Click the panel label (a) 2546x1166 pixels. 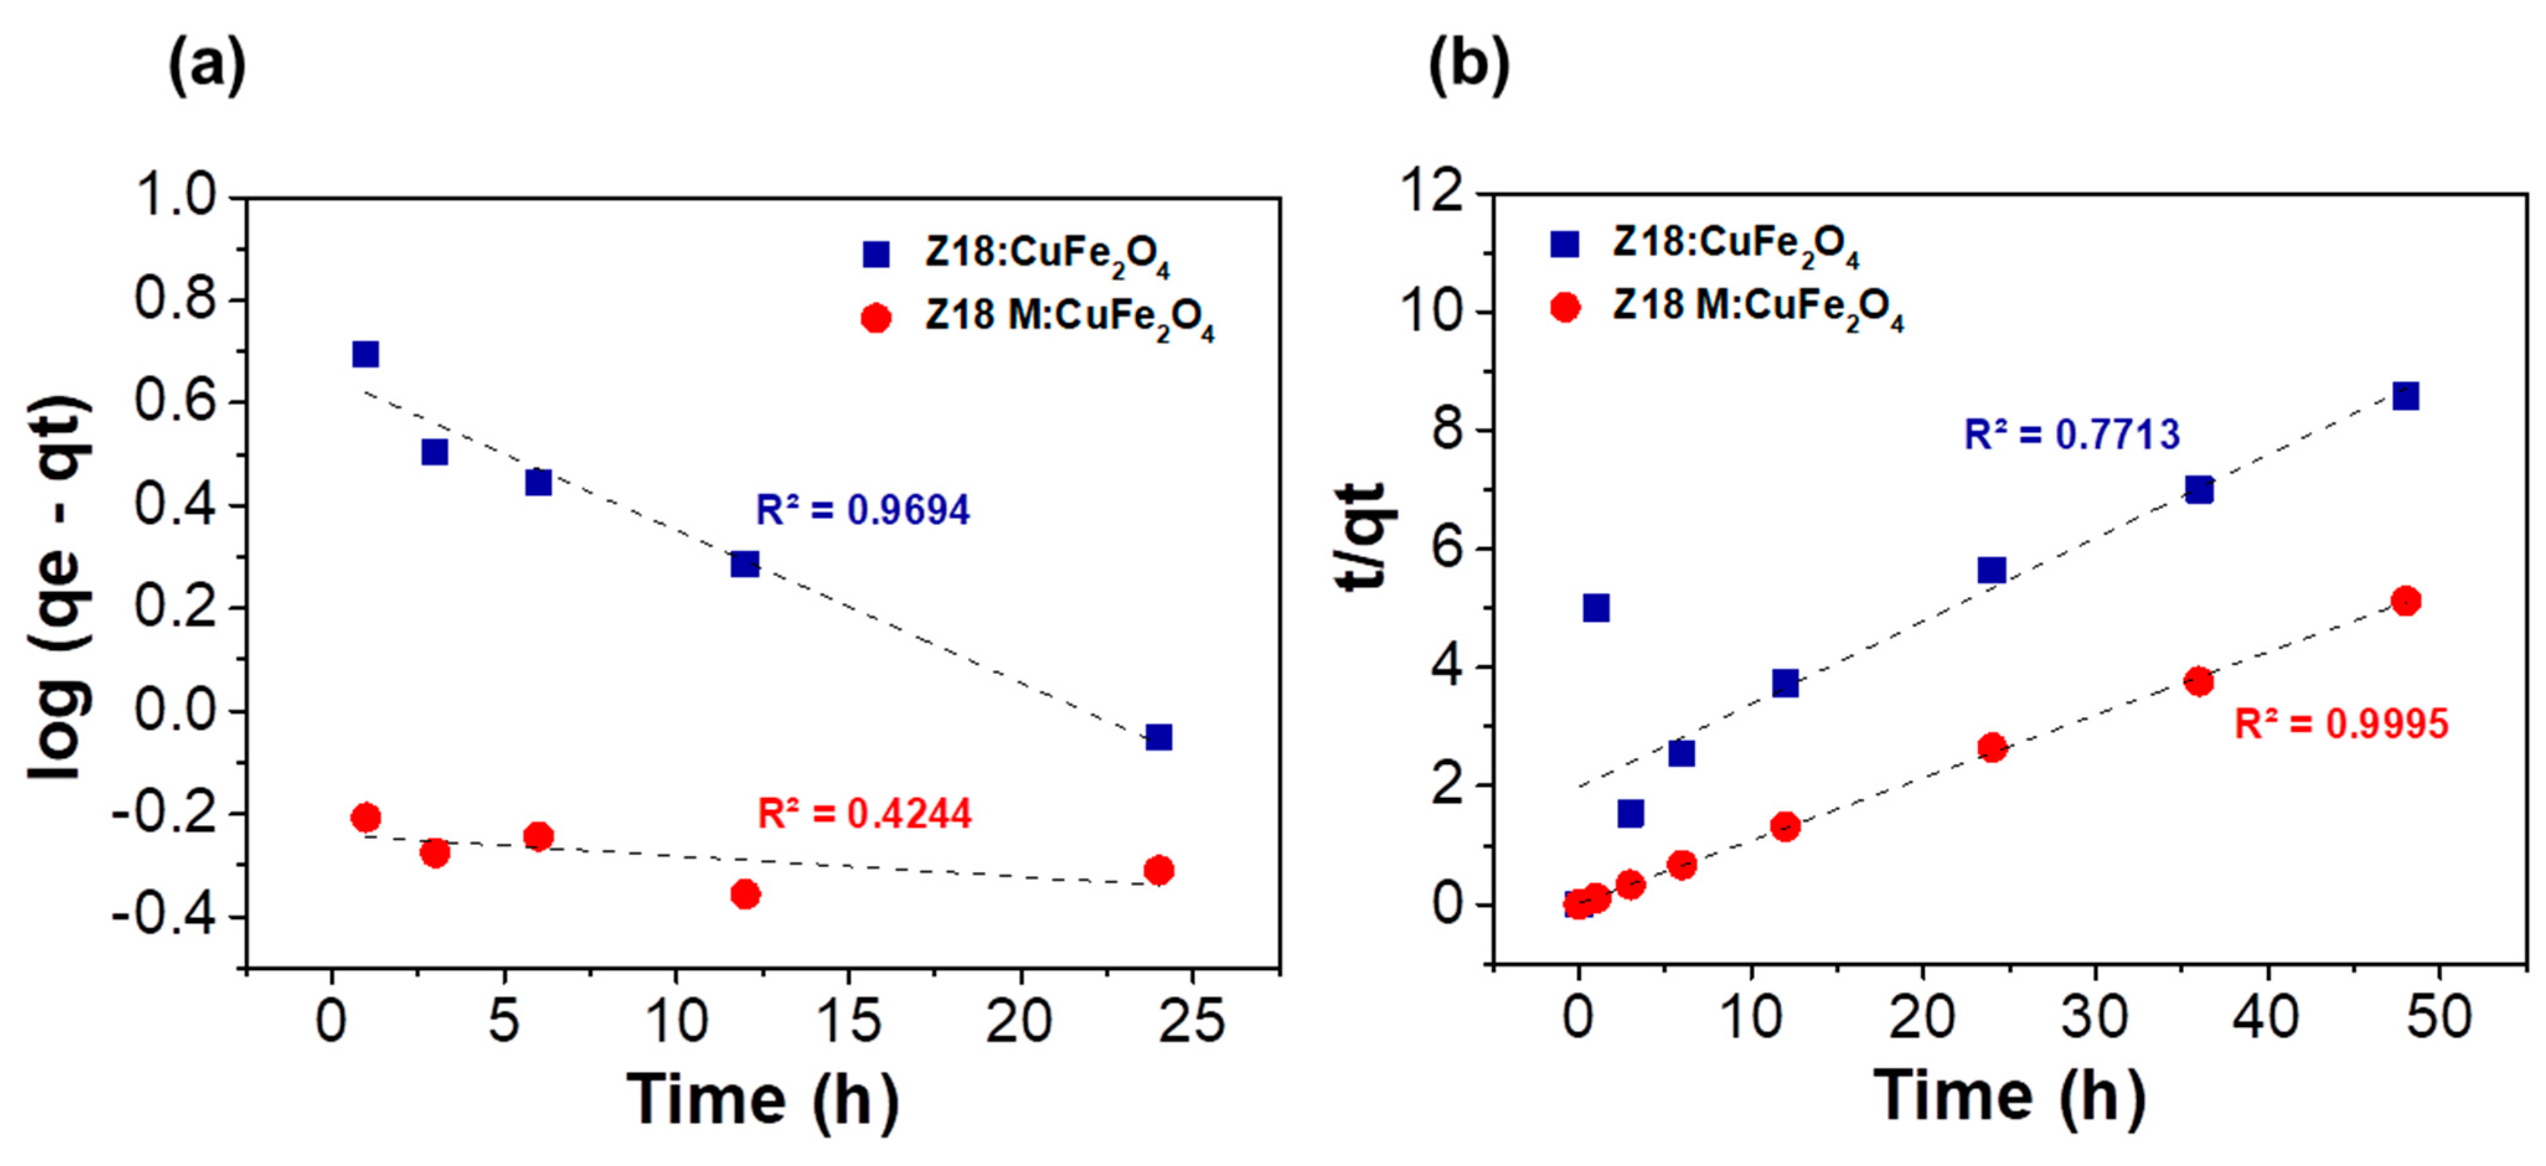(206, 67)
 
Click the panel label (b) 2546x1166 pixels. (1469, 67)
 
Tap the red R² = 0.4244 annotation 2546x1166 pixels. (864, 813)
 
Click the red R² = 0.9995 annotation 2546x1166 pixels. (2340, 724)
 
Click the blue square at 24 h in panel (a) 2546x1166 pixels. (1158, 737)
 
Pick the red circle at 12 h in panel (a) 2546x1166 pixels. (745, 894)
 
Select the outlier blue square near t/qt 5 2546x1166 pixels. (1595, 607)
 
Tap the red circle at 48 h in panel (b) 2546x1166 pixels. (2406, 601)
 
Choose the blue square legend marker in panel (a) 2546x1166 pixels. (876, 255)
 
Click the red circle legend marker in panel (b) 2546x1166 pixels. (1564, 307)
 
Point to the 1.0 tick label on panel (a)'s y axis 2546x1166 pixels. (189, 196)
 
